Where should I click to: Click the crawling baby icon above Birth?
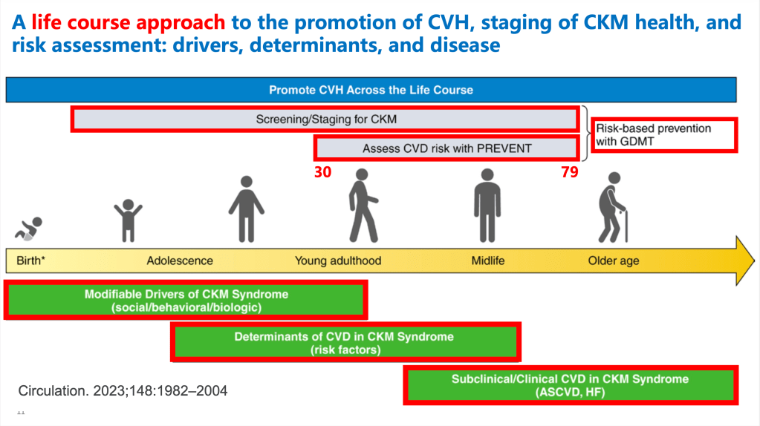[x=28, y=229]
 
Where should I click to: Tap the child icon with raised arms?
[x=128, y=220]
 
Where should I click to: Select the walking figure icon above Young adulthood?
[x=363, y=206]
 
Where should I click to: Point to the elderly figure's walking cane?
[x=626, y=226]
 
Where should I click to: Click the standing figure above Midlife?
[x=487, y=206]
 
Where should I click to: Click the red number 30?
[x=323, y=172]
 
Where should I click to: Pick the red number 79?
[x=570, y=172]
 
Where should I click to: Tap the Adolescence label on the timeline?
[x=180, y=260]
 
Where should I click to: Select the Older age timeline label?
[x=614, y=260]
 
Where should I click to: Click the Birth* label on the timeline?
[x=31, y=260]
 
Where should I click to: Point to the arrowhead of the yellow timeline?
[x=754, y=260]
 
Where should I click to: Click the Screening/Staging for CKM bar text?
[x=326, y=119]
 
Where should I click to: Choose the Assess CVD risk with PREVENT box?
[x=447, y=148]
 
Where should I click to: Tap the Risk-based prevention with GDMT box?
[x=664, y=135]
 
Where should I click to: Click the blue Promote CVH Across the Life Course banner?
[x=371, y=90]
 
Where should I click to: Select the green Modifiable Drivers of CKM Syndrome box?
[x=186, y=300]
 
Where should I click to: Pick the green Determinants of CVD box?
[x=345, y=342]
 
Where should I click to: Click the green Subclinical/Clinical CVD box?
[x=571, y=385]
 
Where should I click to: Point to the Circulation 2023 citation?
[x=123, y=390]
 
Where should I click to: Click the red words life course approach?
[x=129, y=22]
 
